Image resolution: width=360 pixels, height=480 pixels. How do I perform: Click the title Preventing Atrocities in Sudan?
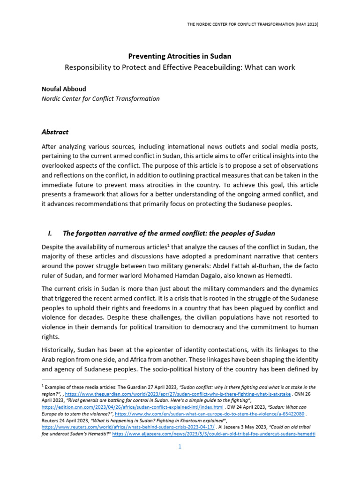tap(180, 56)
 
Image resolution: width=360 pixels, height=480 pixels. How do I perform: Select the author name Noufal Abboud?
tap(64, 88)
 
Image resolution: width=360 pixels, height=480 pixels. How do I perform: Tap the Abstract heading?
tap(55, 132)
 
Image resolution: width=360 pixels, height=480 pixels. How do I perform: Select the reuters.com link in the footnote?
tap(128, 428)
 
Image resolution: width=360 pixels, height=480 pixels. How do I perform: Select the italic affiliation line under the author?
tap(100, 98)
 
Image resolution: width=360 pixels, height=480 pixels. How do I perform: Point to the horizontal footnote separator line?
tap(84, 379)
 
